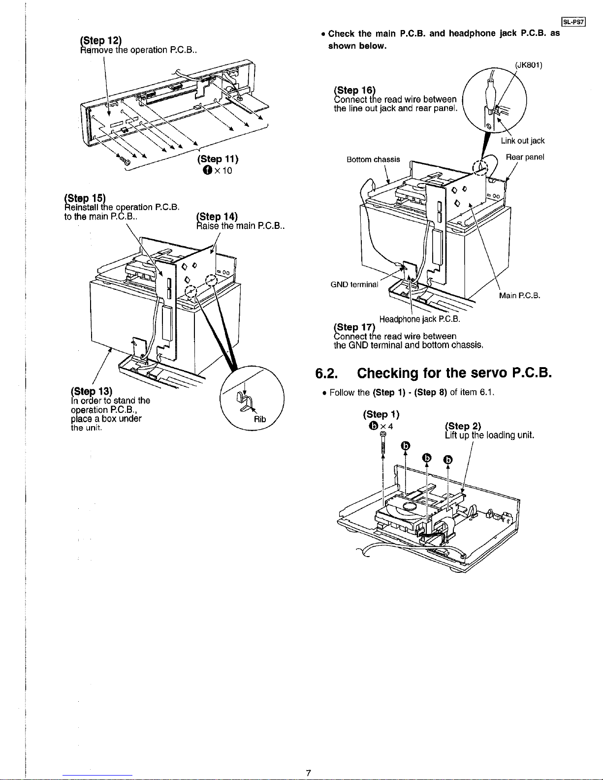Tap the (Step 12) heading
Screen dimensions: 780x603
(101, 40)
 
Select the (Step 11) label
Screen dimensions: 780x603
(218, 159)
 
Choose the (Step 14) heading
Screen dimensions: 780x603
(217, 217)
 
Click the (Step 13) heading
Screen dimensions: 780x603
(92, 391)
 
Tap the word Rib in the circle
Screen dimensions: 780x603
(260, 419)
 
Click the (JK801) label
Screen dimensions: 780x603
(528, 65)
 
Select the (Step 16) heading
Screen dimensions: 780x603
(354, 90)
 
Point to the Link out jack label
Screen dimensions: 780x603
(523, 141)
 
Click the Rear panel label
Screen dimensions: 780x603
(525, 157)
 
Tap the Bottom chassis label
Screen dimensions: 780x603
(373, 159)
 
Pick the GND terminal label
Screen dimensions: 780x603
(354, 284)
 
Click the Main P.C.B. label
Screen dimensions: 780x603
(519, 296)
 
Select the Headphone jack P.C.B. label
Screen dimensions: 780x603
(419, 319)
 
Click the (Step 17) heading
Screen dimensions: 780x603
(354, 327)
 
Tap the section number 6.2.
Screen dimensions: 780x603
(326, 373)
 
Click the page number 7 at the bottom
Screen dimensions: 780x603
(308, 773)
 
